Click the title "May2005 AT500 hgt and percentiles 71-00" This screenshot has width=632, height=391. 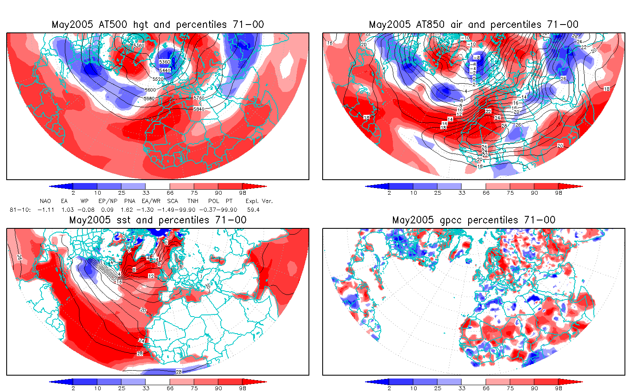[x=158, y=25]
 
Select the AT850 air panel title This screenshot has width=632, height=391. [x=474, y=25]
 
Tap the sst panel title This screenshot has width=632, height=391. [x=158, y=220]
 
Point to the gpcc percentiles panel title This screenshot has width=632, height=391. [x=474, y=220]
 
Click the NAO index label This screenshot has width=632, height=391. [x=45, y=201]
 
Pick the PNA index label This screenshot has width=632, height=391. [x=130, y=201]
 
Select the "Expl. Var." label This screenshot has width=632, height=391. [x=259, y=201]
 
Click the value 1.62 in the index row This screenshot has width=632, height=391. [x=127, y=210]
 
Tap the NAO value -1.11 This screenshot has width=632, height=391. [x=46, y=210]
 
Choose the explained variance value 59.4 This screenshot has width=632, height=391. [x=253, y=210]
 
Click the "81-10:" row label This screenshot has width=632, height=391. [x=20, y=210]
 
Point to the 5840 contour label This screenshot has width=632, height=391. [x=199, y=109]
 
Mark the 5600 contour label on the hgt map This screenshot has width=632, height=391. [x=150, y=90]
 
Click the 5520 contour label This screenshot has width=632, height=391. [x=158, y=79]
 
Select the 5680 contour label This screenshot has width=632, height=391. [x=148, y=99]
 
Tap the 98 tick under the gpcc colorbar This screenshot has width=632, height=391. [x=558, y=388]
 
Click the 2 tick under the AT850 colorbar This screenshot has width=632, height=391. [x=389, y=193]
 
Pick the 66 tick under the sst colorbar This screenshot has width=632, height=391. [x=170, y=388]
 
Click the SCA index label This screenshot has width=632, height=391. [x=173, y=201]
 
